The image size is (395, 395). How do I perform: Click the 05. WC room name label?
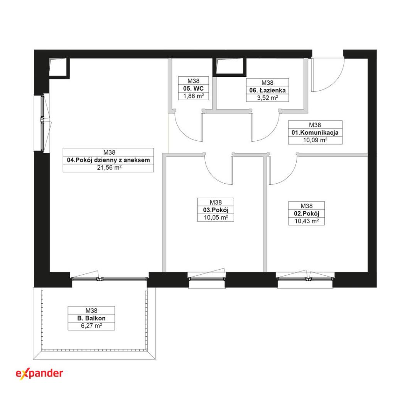[x=194, y=88]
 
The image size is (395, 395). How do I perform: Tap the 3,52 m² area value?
[x=267, y=98]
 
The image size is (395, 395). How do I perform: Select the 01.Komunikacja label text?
[x=315, y=133]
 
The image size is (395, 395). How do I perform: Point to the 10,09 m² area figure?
[x=315, y=140]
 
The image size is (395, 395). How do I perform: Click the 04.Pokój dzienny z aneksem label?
[x=108, y=160]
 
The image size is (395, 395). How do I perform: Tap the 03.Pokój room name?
[x=216, y=210]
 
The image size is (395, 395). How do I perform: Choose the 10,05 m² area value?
[x=216, y=218]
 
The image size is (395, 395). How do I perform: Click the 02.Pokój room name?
[x=307, y=213]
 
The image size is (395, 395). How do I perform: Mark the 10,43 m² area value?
[x=307, y=221]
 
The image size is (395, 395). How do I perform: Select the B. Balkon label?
[x=91, y=318]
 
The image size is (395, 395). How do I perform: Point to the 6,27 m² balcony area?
[x=91, y=326]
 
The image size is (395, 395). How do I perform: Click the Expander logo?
[x=39, y=373]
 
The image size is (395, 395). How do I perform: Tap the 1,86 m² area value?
[x=194, y=96]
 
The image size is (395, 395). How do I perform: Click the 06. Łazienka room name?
[x=267, y=90]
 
